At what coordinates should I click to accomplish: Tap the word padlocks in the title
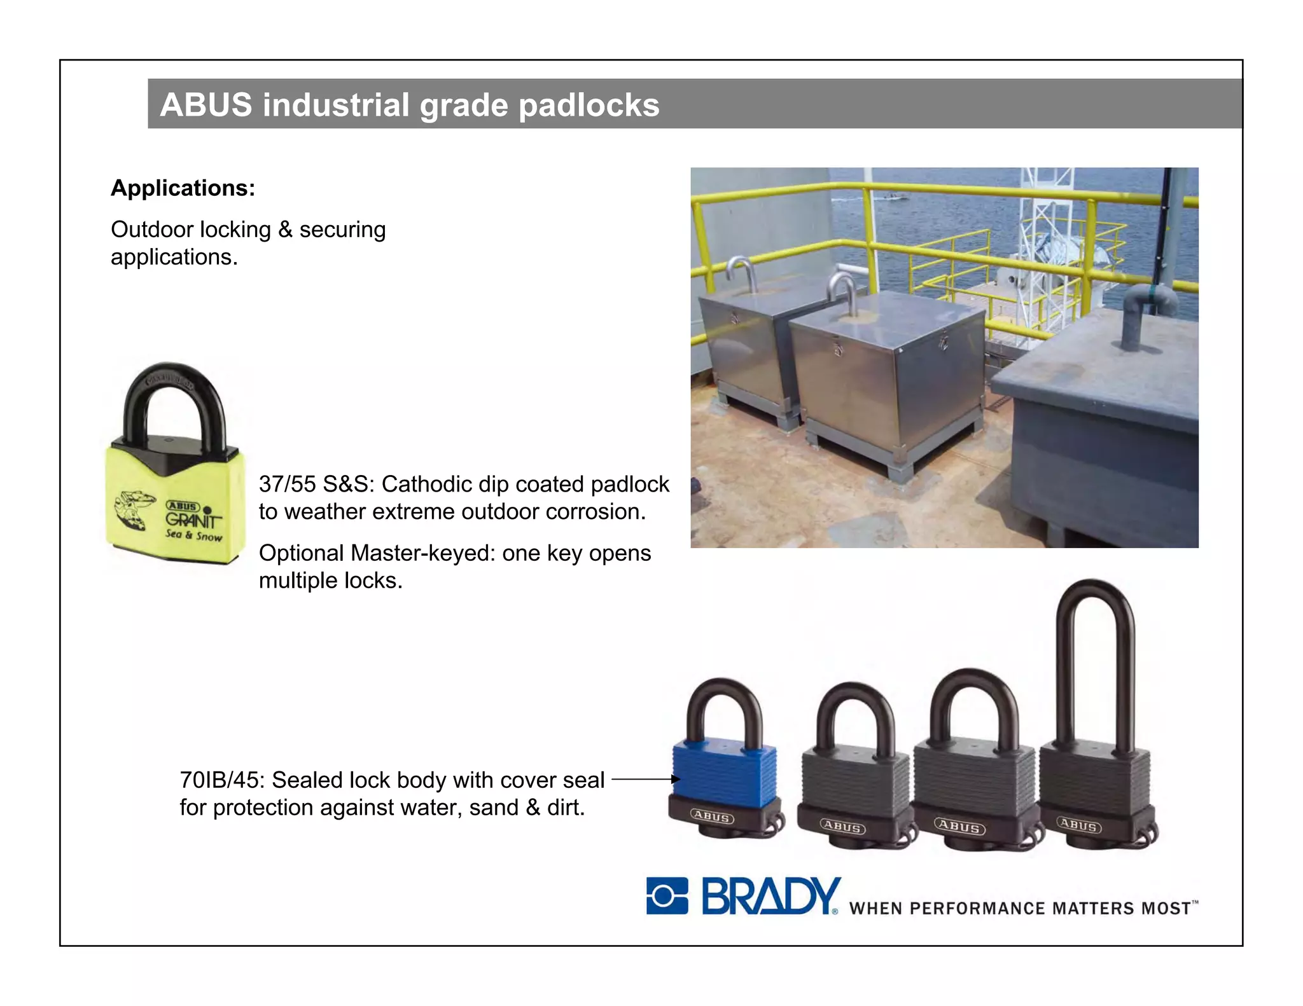tap(589, 106)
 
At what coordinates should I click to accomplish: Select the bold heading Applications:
tap(183, 188)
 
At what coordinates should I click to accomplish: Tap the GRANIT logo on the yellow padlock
tap(193, 520)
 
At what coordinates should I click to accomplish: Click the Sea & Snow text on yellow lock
tap(193, 535)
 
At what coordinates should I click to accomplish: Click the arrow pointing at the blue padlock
tap(645, 779)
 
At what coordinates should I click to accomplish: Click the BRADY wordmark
tap(770, 897)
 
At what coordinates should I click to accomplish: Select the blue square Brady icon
tap(667, 896)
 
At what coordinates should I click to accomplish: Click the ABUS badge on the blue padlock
tap(712, 817)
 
